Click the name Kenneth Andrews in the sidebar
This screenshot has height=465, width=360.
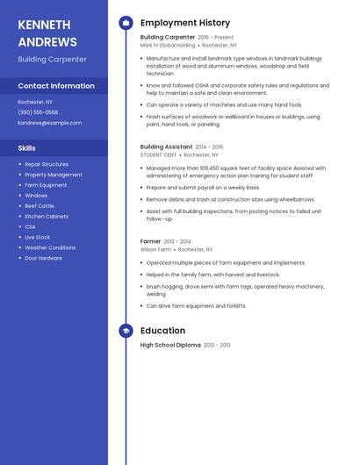[x=47, y=32]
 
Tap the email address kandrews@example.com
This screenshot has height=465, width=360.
[x=49, y=123]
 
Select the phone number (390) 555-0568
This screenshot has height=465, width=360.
[x=38, y=112]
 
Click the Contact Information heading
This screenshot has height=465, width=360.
[x=56, y=86]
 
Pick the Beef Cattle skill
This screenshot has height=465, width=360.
[x=40, y=205]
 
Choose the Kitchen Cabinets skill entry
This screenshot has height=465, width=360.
[x=47, y=216]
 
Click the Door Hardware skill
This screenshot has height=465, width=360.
[x=43, y=258]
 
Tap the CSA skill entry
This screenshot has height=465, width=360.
[x=30, y=226]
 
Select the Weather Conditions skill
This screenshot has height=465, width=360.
[x=50, y=247]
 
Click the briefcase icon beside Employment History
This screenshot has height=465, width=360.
[x=126, y=23]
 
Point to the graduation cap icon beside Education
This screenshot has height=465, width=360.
[x=126, y=331]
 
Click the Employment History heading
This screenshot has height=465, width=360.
[x=185, y=23]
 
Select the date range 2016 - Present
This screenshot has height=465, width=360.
[x=216, y=38]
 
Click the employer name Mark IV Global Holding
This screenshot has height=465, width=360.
[x=168, y=45]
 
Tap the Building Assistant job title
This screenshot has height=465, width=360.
[x=166, y=147]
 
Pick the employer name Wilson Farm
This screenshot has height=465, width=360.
[x=155, y=249]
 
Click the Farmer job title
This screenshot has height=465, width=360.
[x=150, y=241]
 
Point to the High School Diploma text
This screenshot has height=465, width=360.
[x=170, y=346]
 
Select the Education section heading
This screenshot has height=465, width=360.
[x=162, y=331]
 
